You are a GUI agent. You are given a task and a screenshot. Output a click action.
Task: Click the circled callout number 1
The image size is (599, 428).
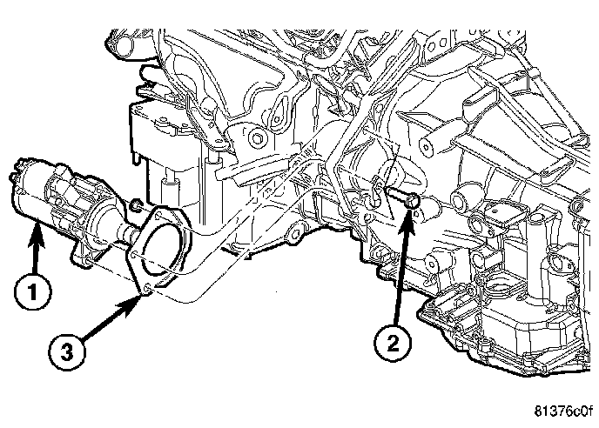coord(32,292)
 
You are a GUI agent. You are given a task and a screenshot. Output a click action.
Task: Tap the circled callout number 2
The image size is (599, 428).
coord(393,342)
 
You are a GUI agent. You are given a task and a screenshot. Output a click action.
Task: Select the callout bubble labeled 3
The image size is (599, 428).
coord(67,351)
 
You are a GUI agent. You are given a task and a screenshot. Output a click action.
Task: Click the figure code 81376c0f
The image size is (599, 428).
coord(563,411)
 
